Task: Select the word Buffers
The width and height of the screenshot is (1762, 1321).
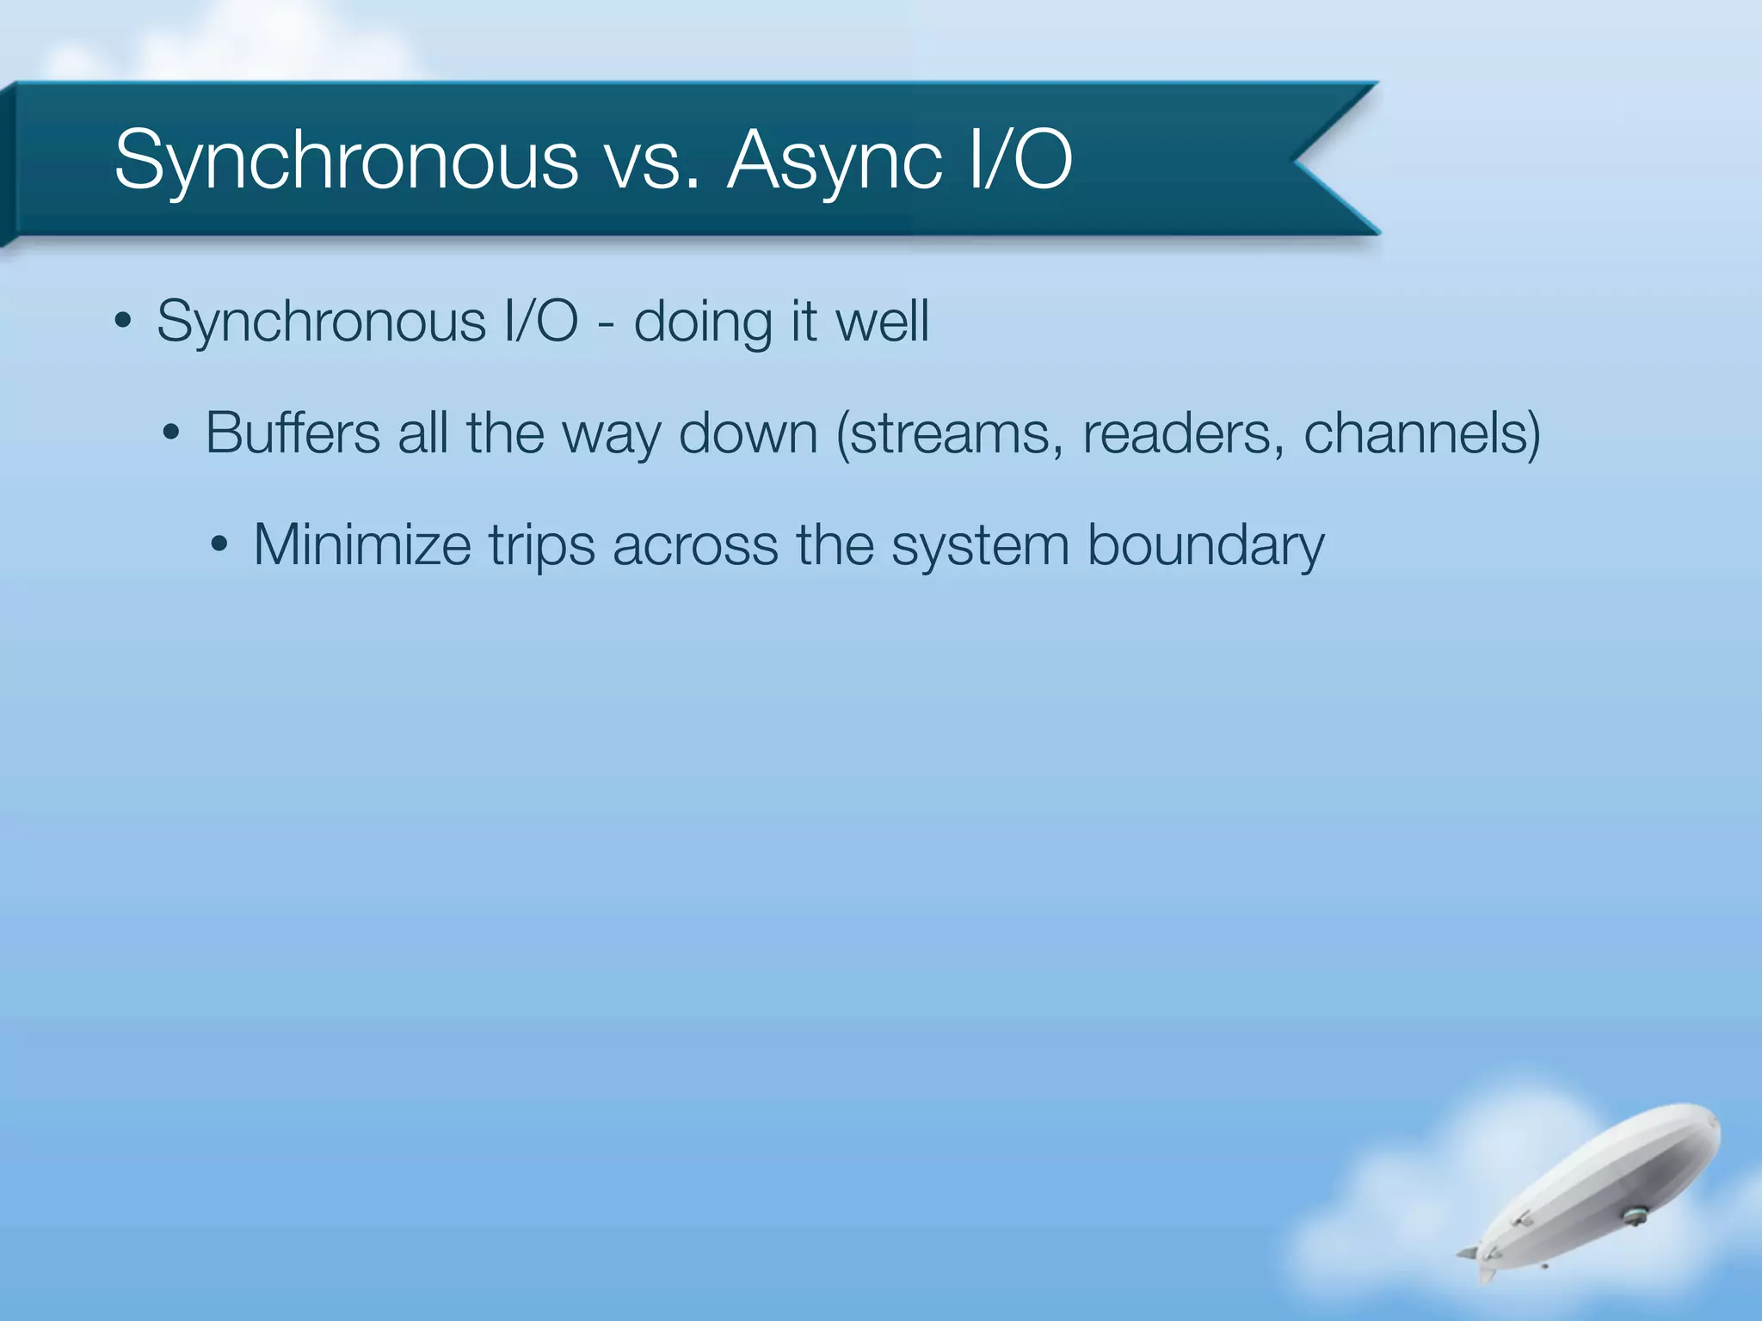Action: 292,433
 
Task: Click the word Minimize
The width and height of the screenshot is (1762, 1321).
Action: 361,545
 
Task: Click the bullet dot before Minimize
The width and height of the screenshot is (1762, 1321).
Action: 219,546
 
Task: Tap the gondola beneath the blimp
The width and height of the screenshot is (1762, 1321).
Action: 1632,1216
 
